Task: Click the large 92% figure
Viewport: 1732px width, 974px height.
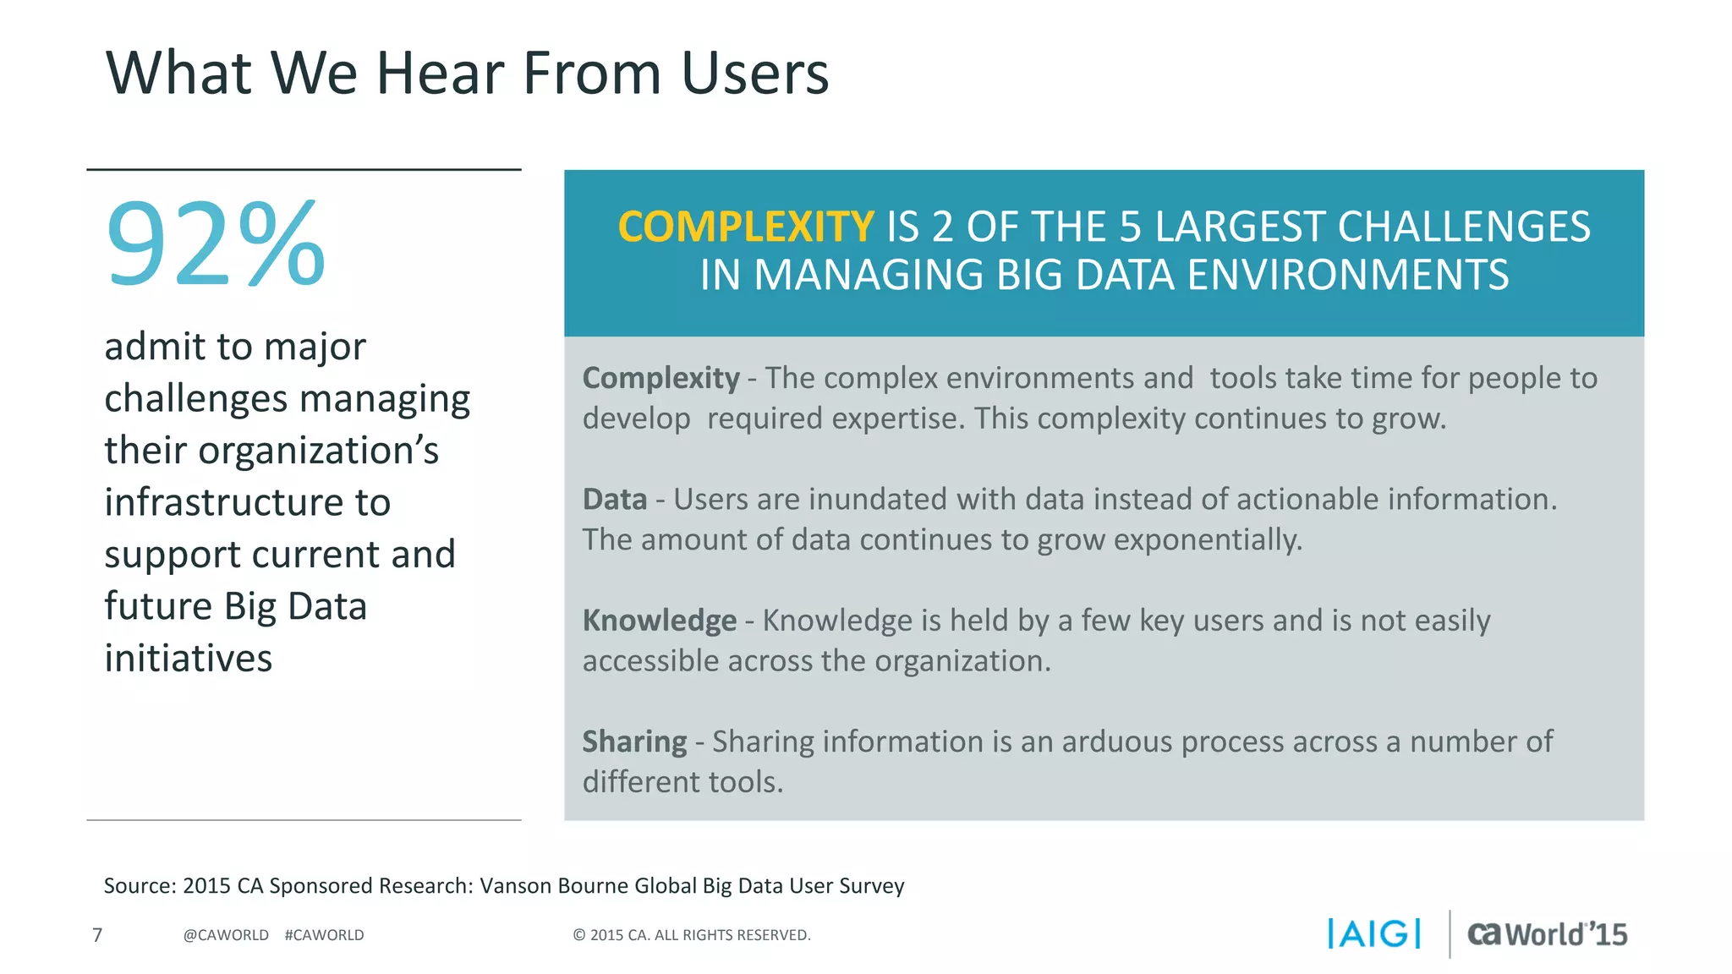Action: coord(216,245)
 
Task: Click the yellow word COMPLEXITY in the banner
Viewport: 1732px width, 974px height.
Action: coord(745,227)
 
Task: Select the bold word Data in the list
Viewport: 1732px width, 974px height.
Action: coord(614,499)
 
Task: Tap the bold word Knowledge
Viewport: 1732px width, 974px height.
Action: coord(659,621)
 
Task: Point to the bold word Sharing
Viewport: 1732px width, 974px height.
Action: coord(634,741)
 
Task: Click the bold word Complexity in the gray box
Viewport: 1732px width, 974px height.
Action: coord(660,378)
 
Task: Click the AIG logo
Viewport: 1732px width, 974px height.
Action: coord(1374,933)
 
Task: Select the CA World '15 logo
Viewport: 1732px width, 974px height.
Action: coord(1547,933)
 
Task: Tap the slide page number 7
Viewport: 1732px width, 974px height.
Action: coord(97,934)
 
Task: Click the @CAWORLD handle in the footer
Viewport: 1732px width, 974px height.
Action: coord(226,935)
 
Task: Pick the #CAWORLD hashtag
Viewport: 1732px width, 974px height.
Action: coord(324,935)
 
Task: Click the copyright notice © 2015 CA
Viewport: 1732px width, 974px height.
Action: coord(691,935)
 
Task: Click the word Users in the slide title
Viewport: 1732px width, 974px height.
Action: coord(754,73)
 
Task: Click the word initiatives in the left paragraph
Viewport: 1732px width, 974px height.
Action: coord(188,658)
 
